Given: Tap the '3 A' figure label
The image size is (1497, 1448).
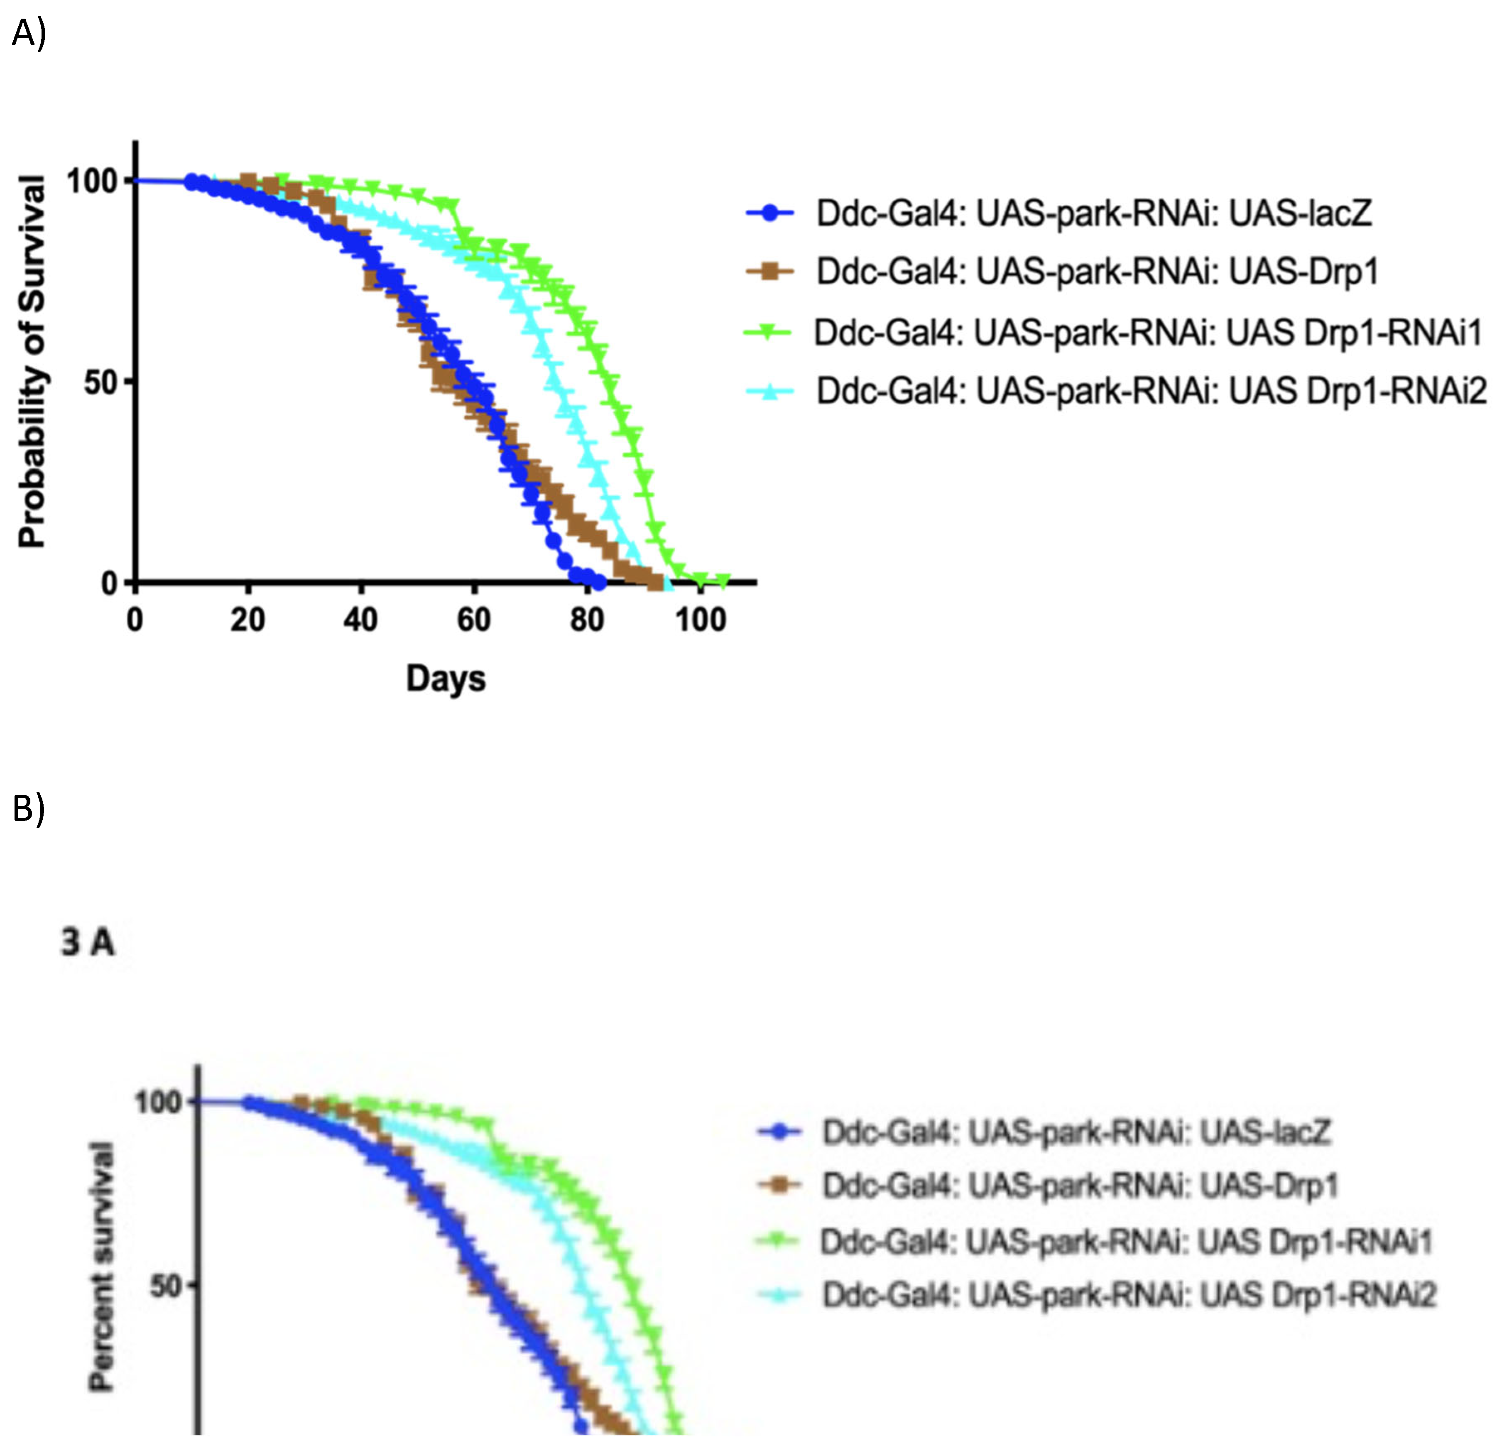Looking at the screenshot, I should tap(88, 943).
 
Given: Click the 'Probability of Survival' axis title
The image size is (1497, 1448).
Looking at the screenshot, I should tap(32, 361).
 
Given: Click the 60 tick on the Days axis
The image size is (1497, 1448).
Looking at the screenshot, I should tap(473, 620).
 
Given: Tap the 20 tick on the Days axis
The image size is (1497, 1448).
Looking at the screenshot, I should tap(247, 620).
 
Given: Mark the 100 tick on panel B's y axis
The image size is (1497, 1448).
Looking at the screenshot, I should tap(158, 1102).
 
